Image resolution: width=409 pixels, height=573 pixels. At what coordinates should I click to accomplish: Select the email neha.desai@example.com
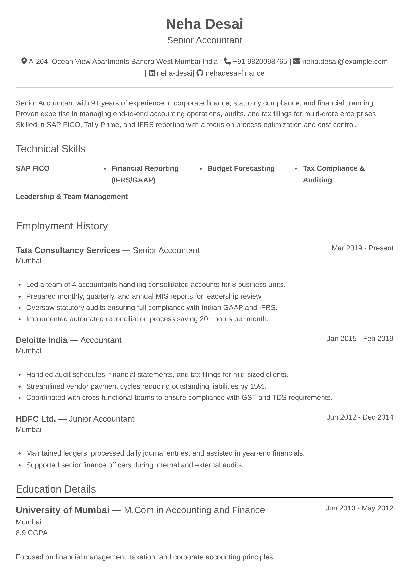(x=345, y=61)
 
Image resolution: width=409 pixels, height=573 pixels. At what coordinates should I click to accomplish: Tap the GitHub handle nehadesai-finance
(x=235, y=73)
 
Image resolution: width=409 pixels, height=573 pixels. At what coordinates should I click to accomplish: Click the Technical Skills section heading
(x=51, y=149)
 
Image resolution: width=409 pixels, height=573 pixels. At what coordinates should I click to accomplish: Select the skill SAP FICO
(x=33, y=168)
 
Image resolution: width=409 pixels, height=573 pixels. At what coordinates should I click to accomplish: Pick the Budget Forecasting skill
(x=241, y=168)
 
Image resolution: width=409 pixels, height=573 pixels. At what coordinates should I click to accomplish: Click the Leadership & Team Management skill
(x=72, y=196)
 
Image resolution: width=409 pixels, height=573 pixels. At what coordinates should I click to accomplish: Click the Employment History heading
(x=62, y=226)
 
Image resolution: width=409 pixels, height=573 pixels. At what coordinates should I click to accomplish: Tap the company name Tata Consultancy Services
(x=68, y=250)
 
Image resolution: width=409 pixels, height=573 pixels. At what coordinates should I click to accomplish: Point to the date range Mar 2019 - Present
(x=362, y=248)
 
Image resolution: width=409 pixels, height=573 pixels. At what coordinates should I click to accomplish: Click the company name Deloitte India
(x=42, y=340)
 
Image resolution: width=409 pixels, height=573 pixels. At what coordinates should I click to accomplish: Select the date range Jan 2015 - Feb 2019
(x=360, y=339)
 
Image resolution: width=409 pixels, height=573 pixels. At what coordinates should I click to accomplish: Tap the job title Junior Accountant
(x=101, y=419)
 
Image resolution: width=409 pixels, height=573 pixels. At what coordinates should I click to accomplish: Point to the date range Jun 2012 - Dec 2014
(x=360, y=417)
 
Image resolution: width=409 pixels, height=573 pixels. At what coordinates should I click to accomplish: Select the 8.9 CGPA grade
(x=32, y=533)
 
